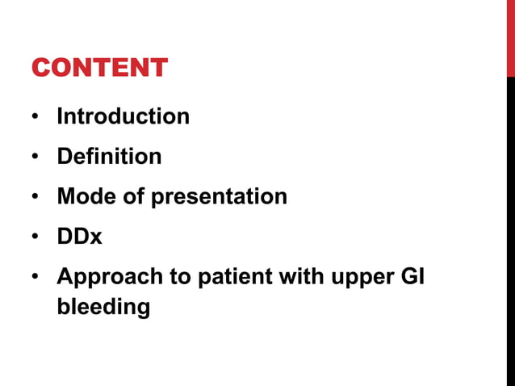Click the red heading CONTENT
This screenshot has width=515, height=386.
(99, 67)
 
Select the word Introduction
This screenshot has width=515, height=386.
(123, 116)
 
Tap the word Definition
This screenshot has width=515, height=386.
(109, 156)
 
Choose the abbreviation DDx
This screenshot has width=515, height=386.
(79, 237)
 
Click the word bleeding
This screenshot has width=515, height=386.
(103, 308)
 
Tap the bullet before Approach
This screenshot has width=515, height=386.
(36, 278)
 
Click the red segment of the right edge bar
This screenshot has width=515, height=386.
(510, 39)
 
